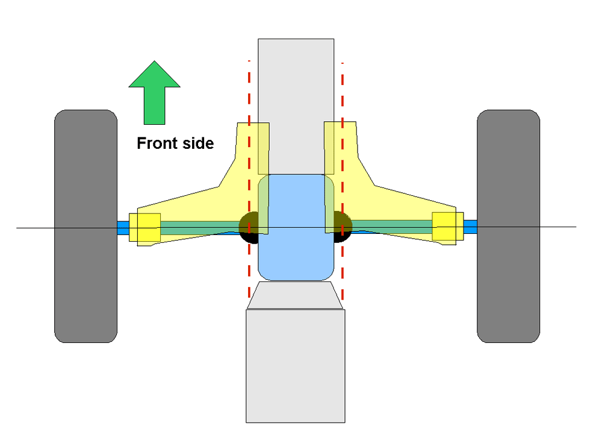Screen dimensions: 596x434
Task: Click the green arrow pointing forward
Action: click(154, 92)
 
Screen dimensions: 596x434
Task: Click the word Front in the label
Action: click(157, 143)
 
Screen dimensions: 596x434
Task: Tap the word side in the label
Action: click(198, 143)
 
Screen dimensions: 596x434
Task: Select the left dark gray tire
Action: click(86, 227)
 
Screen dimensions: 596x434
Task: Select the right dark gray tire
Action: click(509, 227)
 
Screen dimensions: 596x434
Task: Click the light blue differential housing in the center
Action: click(296, 227)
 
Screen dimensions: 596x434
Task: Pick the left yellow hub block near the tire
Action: click(145, 227)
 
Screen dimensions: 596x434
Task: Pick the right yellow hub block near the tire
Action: click(448, 227)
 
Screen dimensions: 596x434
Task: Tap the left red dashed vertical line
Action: click(249, 179)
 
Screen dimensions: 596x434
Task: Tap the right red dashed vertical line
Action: click(343, 181)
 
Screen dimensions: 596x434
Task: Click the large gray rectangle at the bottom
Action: click(296, 366)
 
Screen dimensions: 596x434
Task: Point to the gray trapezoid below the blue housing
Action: click(295, 295)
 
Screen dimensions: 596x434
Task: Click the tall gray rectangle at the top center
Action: click(296, 107)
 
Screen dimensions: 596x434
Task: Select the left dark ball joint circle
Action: click(249, 228)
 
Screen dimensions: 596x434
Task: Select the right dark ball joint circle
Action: click(343, 227)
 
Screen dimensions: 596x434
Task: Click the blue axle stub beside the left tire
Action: click(123, 228)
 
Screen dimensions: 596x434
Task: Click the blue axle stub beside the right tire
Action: click(470, 227)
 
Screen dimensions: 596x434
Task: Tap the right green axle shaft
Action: click(391, 227)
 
